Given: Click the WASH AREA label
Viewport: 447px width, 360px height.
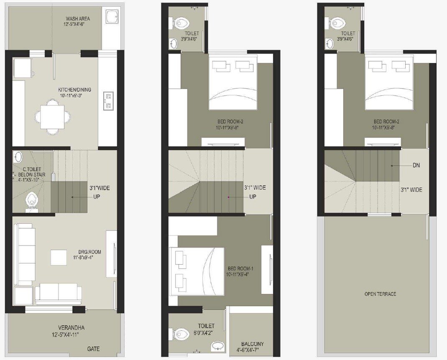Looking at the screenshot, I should click(77, 18).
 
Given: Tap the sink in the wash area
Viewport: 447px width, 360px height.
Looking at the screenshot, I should click(112, 18).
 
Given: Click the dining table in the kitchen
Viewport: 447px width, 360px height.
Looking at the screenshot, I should click(53, 117).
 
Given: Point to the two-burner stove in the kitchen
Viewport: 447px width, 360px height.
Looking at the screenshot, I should click(108, 101).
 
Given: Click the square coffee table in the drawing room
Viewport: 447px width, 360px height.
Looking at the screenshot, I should click(59, 257).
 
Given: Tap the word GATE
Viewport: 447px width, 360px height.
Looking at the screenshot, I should click(93, 349).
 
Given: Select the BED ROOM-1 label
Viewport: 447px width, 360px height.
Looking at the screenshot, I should click(241, 268).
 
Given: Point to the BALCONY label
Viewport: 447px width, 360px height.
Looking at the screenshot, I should click(250, 344).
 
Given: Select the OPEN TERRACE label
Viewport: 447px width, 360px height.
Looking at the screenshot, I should click(380, 294).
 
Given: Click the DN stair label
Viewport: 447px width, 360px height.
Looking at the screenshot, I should click(416, 166).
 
